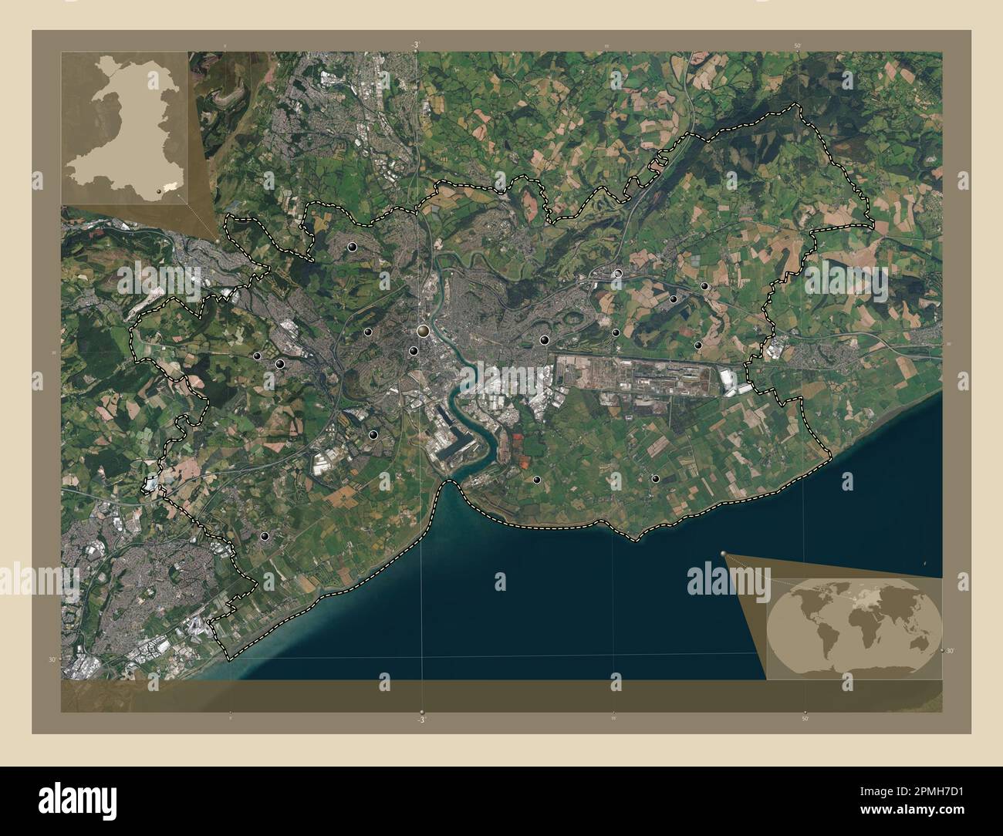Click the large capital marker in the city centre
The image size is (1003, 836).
(423, 332)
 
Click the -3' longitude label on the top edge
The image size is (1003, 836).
(417, 46)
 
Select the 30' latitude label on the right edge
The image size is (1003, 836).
(951, 651)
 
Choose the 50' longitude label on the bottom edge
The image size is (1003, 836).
(804, 719)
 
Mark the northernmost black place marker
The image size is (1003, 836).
(353, 247)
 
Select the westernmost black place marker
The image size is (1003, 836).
(256, 356)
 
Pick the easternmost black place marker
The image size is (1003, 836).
(704, 286)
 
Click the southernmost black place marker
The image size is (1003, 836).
(265, 536)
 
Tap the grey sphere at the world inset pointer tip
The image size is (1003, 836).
(724, 553)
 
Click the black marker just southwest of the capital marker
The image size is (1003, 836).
(414, 351)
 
